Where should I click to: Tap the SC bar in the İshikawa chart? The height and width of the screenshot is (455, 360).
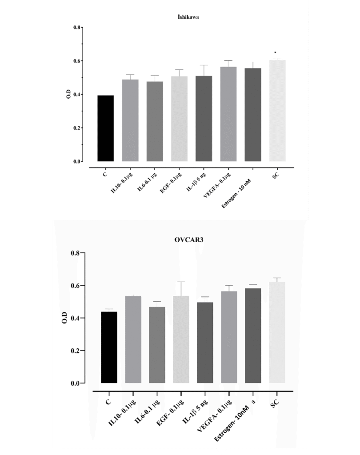coord(277,111)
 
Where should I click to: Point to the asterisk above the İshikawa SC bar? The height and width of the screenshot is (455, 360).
coord(276,53)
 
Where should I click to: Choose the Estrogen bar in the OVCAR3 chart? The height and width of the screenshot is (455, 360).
coord(253,335)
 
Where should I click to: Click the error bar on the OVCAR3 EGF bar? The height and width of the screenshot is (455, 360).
coord(181,288)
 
